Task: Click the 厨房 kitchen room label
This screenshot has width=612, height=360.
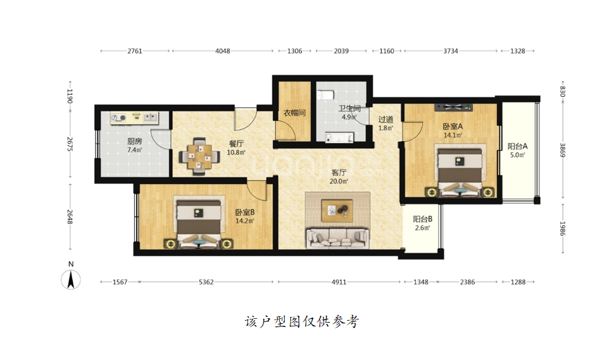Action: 134,141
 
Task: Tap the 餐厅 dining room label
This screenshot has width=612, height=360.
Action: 236,144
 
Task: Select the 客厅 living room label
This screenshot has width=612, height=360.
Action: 339,172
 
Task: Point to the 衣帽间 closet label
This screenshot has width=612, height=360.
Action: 294,113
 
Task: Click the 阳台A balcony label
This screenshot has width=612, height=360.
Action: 518,146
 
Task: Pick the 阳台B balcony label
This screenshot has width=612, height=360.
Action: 423,219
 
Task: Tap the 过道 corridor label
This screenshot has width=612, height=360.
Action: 385,120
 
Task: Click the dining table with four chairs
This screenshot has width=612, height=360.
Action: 199,157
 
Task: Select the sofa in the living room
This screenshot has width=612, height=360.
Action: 338,237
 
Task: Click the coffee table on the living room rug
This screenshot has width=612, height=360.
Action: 337,211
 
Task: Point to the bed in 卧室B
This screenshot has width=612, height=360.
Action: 199,223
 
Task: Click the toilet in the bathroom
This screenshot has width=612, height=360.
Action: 325,95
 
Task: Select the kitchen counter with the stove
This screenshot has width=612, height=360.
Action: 134,118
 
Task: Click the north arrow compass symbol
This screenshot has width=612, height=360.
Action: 71,280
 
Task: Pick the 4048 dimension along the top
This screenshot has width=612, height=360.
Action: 223,51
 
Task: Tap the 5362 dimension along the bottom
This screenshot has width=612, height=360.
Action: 206,282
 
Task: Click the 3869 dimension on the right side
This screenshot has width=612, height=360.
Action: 563,150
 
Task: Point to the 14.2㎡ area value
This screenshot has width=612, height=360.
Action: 245,221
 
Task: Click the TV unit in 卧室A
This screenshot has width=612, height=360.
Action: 454,107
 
